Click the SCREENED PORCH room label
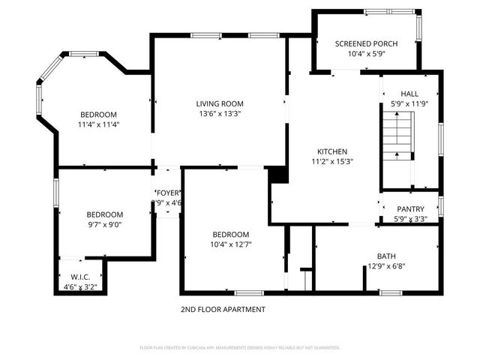(x=366, y=43)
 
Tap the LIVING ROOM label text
(x=220, y=103)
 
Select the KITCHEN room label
(x=331, y=151)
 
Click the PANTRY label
(x=409, y=209)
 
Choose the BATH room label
(x=386, y=256)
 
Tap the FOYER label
(x=168, y=193)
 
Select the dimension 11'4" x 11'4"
(x=99, y=125)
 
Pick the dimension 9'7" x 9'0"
(x=104, y=223)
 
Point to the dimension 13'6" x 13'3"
(x=220, y=114)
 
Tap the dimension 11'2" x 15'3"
(x=331, y=160)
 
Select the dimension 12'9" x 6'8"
(x=386, y=265)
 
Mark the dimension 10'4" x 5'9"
(x=366, y=54)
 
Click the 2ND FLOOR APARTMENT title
(x=223, y=309)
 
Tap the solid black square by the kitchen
(x=278, y=174)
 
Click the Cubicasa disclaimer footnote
(x=240, y=347)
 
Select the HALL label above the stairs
(x=409, y=94)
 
